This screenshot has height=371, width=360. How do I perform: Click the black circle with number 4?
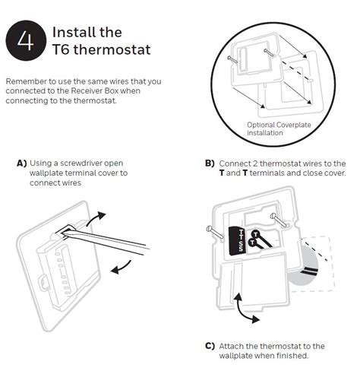25,42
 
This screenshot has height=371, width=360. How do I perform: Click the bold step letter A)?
21,163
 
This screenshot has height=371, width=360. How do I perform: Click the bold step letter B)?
210,163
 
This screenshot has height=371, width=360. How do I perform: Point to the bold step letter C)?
210,345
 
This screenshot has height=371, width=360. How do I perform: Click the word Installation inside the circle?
265,132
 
